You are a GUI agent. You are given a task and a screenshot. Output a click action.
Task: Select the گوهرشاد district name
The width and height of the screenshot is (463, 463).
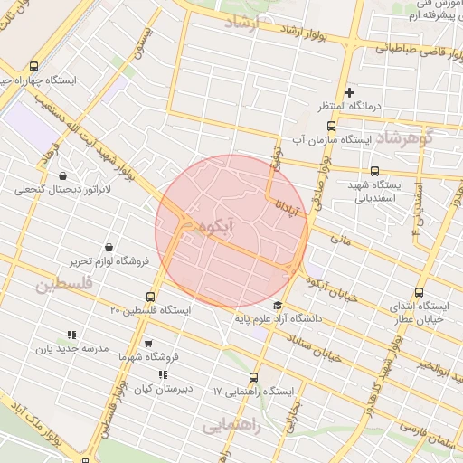[x=429, y=138]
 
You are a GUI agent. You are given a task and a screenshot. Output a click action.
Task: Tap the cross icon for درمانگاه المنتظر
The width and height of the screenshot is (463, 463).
[x=349, y=92]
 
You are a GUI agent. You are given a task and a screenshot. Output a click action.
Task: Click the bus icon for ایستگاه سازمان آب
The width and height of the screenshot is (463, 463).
[x=331, y=126]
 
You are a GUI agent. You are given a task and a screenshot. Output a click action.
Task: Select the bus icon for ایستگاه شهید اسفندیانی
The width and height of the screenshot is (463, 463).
[x=374, y=171]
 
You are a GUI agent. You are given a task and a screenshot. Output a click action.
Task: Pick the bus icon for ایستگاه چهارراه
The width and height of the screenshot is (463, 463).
[x=34, y=66]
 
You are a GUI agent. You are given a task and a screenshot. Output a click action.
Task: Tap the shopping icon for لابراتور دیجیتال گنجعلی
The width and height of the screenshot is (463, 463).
[x=62, y=175]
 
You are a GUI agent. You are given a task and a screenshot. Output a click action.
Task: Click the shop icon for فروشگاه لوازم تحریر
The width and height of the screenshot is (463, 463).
[x=109, y=247]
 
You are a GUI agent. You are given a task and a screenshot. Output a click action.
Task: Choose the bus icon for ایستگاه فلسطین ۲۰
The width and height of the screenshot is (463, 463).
[x=151, y=296]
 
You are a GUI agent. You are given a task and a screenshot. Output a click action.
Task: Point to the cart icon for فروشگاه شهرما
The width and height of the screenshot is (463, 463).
[x=148, y=344]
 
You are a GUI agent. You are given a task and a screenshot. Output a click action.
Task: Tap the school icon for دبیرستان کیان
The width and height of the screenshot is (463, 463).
[x=163, y=374]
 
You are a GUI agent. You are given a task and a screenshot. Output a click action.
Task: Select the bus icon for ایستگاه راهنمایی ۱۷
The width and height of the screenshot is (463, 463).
[x=253, y=377]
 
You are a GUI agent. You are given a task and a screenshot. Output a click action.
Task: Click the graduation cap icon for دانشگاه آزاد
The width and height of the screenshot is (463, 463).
[x=277, y=305]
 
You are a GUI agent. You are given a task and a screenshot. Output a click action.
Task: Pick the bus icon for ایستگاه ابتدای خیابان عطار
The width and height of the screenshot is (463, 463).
[x=419, y=292]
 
